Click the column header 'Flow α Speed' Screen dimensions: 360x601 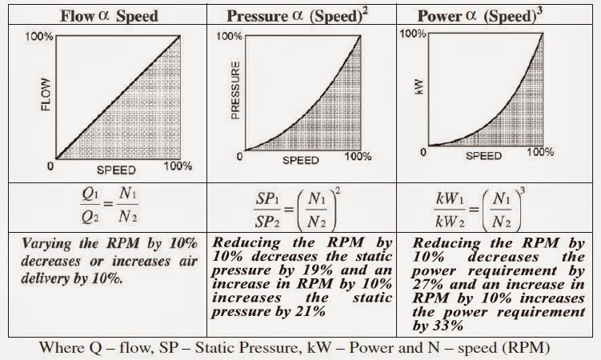point(105,15)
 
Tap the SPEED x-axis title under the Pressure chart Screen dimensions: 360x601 point(302,160)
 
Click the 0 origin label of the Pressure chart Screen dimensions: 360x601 point(238,157)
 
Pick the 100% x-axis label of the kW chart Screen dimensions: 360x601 point(541,150)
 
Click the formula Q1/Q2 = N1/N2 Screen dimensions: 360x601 point(104,206)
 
